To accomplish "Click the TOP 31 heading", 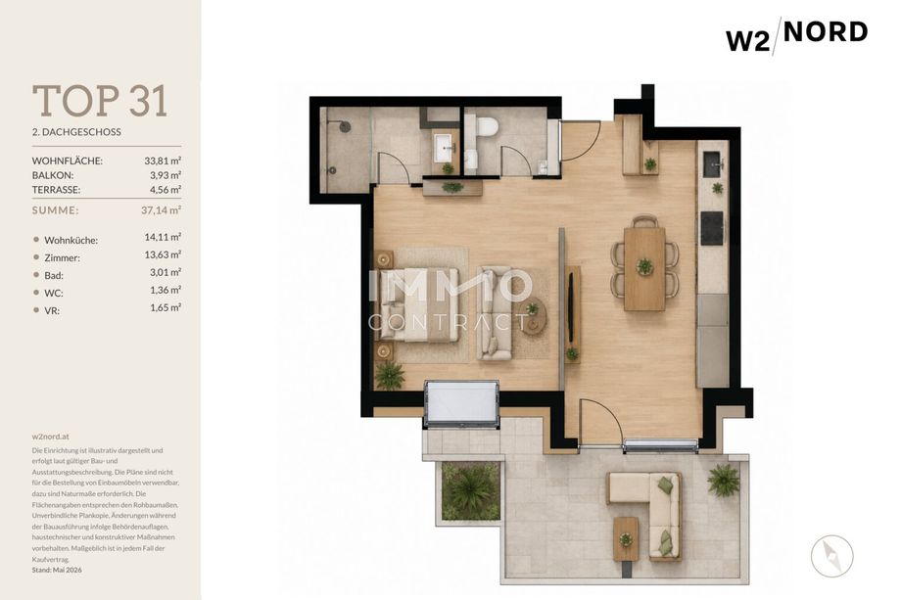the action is [100, 101].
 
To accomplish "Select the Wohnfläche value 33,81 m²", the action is [163, 161].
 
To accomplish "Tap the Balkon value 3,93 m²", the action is [166, 175].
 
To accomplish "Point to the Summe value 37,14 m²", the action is [161, 210].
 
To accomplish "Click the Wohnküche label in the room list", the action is [71, 240].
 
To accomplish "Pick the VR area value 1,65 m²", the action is [166, 307].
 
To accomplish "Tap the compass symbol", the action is [831, 556].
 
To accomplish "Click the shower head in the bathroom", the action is [344, 126].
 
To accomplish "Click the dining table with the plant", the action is [644, 268].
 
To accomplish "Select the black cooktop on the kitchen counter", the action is [712, 228].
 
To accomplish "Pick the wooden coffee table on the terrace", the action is [626, 538].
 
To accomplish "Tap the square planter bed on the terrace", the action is [471, 491].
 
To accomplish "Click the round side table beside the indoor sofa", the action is [534, 316].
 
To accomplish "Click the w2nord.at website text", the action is [51, 437].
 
